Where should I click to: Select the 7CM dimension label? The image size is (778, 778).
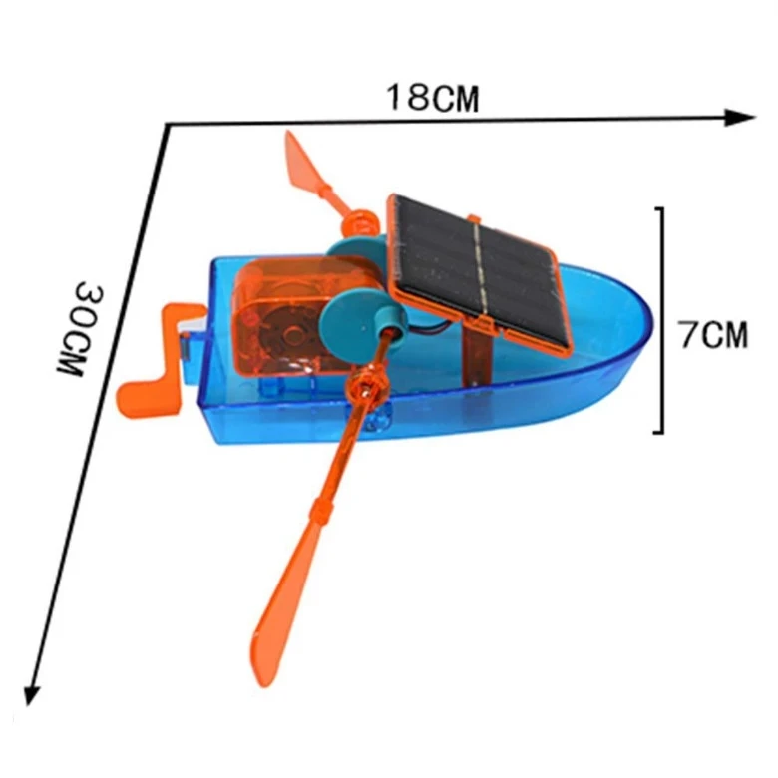[712, 334]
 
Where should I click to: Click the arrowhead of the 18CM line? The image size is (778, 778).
[743, 117]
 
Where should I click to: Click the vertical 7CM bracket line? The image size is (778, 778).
[658, 319]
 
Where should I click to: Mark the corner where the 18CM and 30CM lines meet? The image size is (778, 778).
[167, 124]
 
